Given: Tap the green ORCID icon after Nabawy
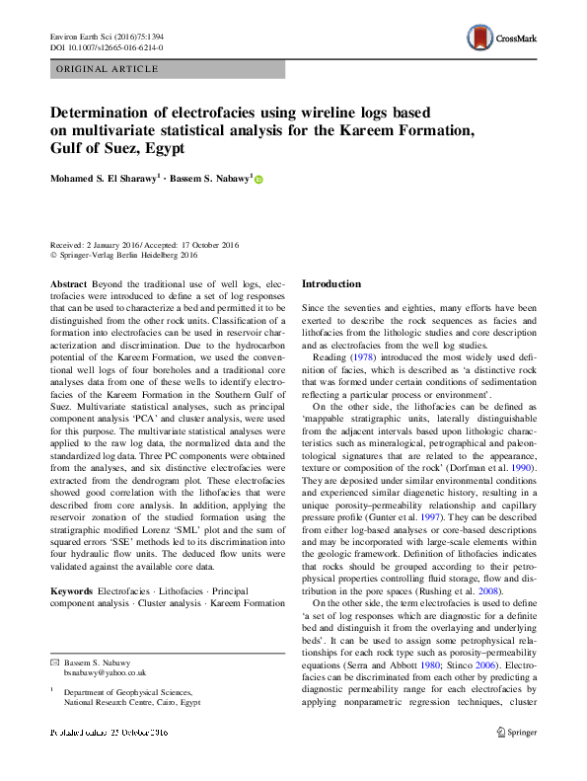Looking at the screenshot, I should (258, 180).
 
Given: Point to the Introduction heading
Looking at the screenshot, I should (331, 284).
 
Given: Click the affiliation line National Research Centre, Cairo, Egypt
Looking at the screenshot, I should (132, 704).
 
